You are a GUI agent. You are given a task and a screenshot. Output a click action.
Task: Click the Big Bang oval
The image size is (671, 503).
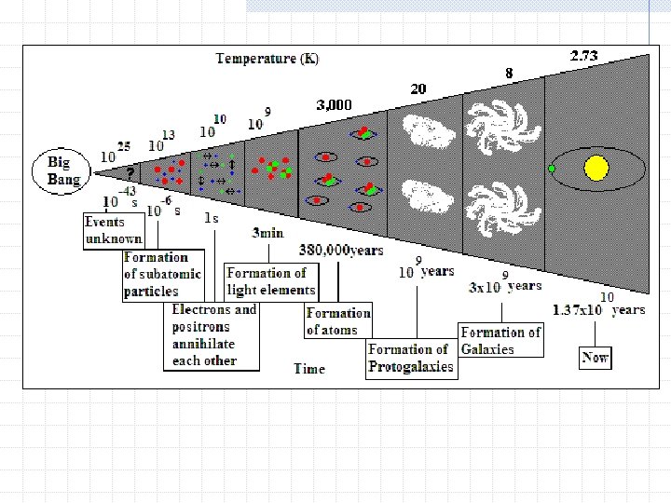[64, 172]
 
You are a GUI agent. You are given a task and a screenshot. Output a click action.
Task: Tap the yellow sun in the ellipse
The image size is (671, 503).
[596, 169]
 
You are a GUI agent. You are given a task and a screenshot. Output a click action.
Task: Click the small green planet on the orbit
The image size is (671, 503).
[552, 169]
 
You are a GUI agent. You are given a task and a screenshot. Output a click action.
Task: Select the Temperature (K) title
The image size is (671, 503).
[267, 59]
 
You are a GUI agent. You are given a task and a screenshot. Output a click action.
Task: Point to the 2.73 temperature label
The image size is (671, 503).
[583, 56]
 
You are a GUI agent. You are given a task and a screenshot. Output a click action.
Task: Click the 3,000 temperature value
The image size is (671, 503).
[335, 105]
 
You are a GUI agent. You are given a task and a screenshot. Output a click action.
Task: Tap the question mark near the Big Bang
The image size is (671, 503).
[130, 172]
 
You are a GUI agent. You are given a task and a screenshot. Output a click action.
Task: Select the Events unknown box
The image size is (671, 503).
[113, 230]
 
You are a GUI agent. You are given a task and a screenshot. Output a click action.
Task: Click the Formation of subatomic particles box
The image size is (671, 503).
[156, 274]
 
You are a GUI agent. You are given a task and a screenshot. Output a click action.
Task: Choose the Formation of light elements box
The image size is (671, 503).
[271, 280]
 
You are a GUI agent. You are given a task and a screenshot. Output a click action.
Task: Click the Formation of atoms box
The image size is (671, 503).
[338, 321]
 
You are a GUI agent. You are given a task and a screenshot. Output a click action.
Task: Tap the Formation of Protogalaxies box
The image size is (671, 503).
[411, 359]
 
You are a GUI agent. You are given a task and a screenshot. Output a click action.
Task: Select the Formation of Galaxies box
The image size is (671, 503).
[500, 340]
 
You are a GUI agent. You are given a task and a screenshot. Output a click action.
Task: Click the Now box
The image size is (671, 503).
[595, 357]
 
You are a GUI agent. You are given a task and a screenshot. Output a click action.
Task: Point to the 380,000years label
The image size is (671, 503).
[341, 250]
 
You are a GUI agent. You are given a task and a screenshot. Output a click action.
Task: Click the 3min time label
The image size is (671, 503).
[267, 232]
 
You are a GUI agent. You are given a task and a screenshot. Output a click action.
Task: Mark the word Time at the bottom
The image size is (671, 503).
[309, 368]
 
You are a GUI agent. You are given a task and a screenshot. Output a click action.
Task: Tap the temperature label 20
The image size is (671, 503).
[418, 88]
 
